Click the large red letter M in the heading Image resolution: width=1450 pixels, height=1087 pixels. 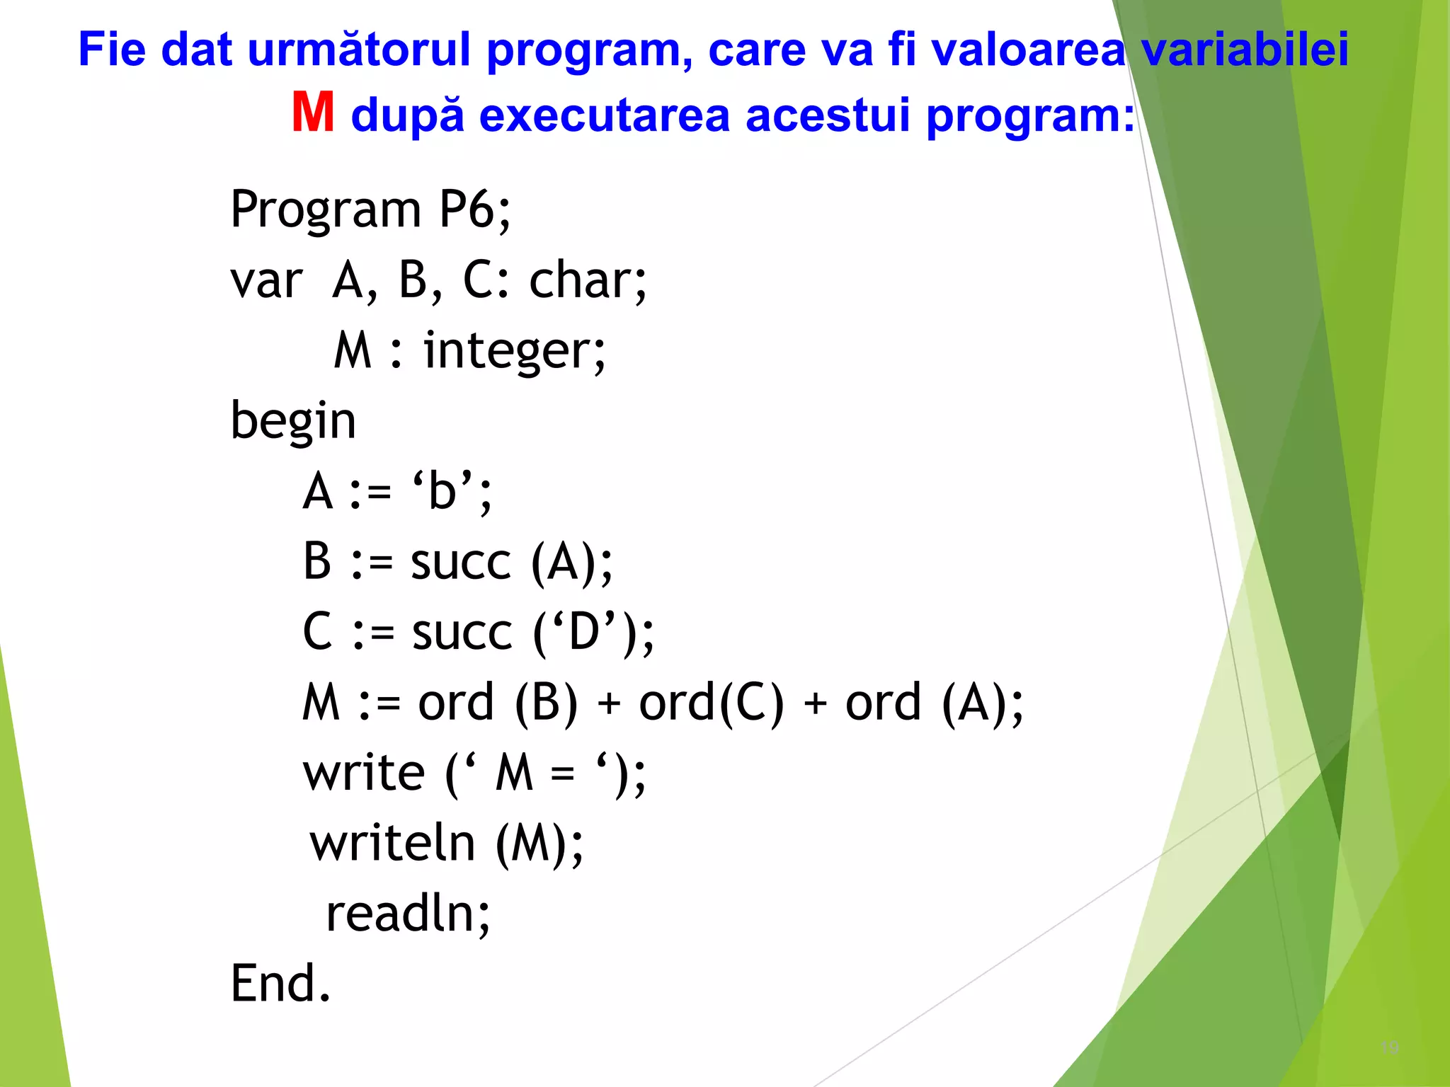312,113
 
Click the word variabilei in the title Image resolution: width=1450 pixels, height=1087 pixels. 1245,50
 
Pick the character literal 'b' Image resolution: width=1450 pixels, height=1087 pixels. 443,491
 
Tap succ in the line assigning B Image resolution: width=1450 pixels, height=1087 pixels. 460,563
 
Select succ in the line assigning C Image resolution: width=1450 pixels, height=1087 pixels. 462,632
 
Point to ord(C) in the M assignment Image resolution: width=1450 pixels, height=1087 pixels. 711,703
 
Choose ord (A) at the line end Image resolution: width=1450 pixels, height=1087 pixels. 927,703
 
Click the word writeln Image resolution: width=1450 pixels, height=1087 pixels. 392,843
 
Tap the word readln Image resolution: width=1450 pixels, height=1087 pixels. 401,914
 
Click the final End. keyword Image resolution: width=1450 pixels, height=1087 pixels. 280,984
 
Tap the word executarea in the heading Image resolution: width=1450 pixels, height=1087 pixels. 604,115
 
